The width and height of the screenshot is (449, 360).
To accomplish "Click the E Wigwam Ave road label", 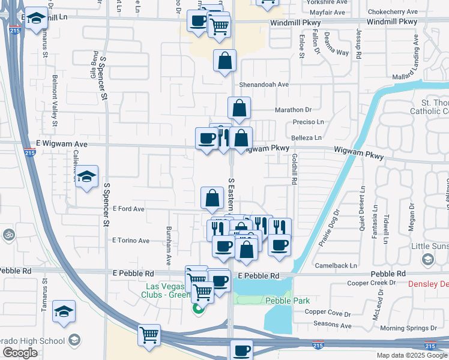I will click(x=62, y=144).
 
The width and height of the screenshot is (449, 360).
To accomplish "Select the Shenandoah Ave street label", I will click(x=264, y=85).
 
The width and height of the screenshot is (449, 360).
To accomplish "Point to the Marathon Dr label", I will click(x=294, y=109).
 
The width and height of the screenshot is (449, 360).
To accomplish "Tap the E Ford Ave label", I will click(x=128, y=209).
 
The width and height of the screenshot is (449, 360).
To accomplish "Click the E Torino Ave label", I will click(x=131, y=240).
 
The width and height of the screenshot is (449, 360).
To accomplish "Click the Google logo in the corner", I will click(x=20, y=353).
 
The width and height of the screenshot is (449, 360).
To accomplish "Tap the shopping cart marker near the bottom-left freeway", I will click(x=149, y=335).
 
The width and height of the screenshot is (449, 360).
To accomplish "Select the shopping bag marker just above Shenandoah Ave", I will click(x=224, y=61).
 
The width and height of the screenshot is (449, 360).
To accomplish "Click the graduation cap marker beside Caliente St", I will click(x=87, y=176).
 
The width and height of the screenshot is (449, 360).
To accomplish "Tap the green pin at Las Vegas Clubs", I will click(x=197, y=309).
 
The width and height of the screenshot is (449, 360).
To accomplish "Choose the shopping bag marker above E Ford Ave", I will click(x=212, y=197).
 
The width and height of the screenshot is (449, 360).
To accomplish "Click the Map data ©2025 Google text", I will click(x=411, y=355).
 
